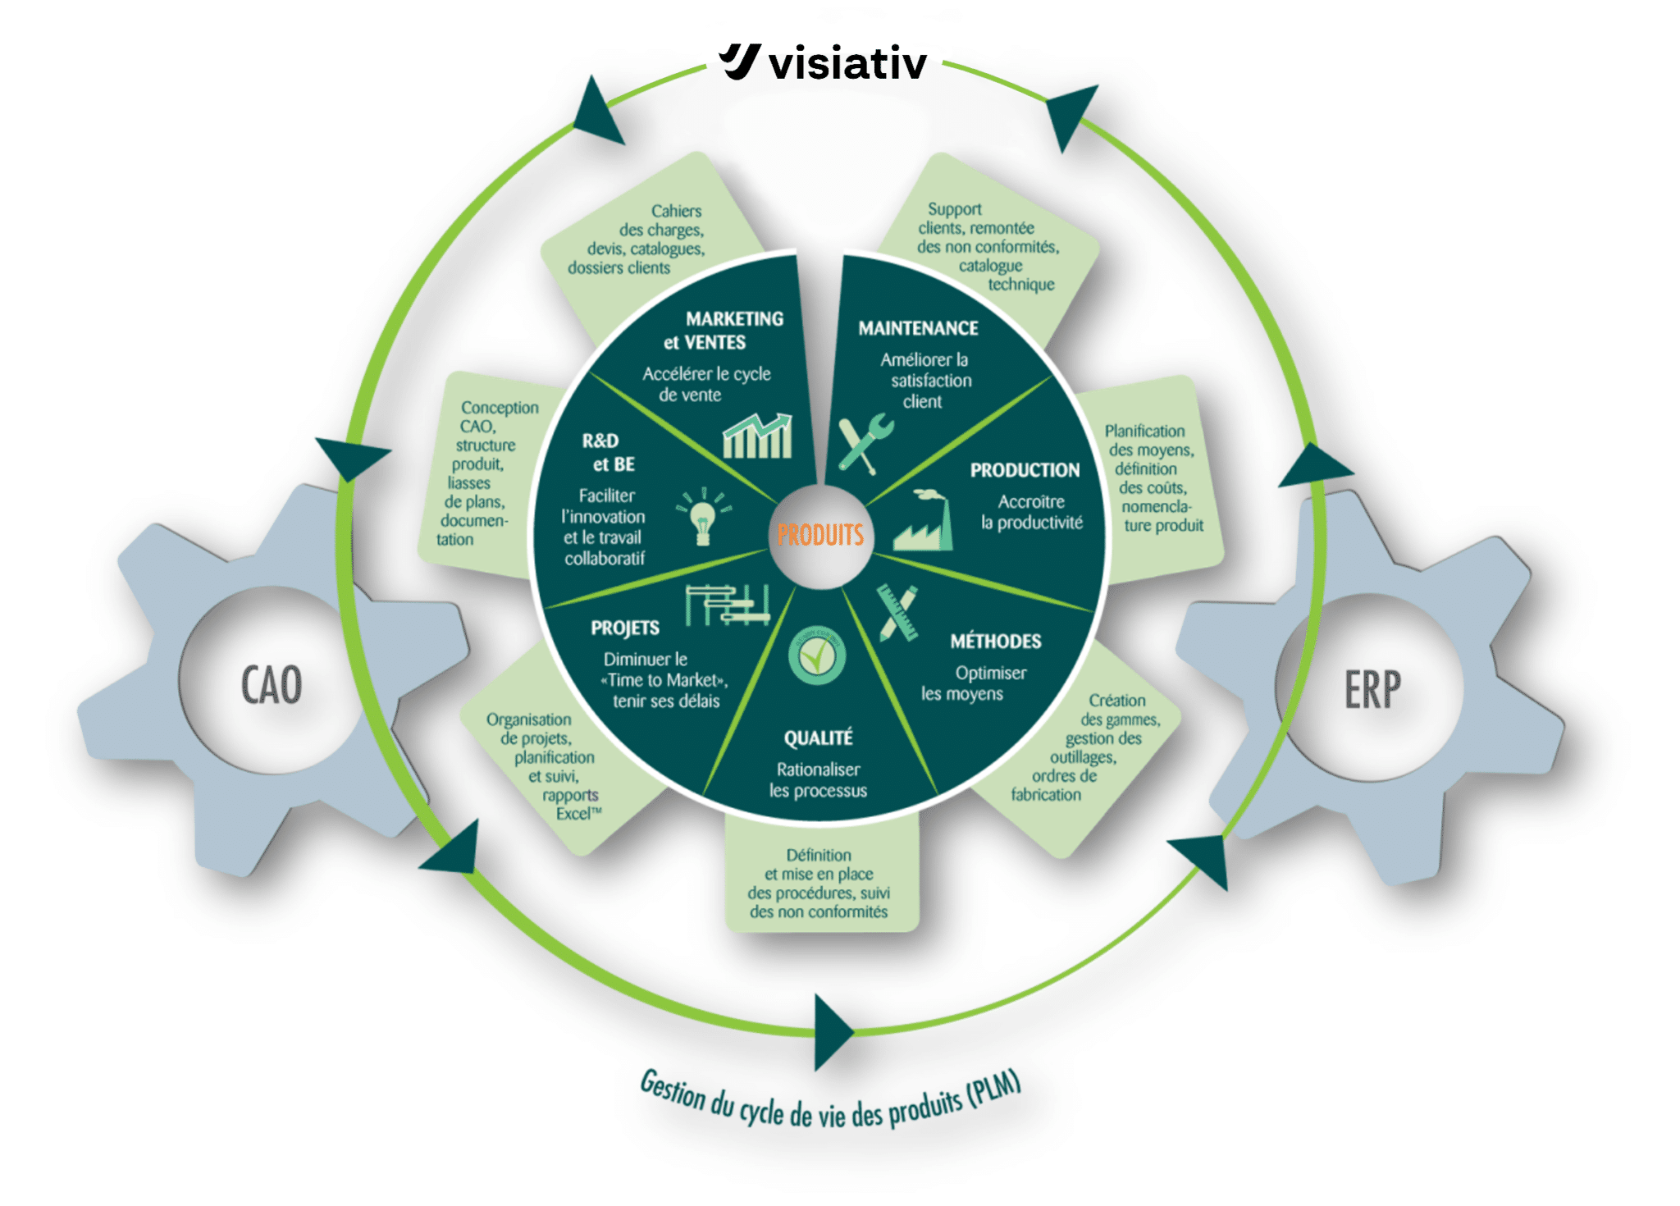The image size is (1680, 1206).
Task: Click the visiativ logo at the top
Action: point(824,62)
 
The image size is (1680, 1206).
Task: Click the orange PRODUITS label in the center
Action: point(820,536)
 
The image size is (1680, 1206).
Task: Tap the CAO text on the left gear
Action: point(272,685)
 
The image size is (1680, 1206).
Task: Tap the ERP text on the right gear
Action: point(1372,689)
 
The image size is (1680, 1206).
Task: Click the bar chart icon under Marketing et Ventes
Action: point(757,436)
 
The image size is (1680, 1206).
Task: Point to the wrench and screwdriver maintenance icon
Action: point(864,443)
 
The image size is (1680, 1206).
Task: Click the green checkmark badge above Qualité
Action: point(816,656)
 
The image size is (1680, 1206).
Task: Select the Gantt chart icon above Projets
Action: point(727,605)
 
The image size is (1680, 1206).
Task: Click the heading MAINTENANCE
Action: point(918,328)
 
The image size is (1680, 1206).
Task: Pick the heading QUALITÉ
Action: point(818,738)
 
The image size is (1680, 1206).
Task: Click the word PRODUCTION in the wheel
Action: point(1025,470)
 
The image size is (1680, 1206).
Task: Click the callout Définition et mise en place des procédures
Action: point(819,884)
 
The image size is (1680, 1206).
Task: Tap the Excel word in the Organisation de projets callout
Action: point(573,814)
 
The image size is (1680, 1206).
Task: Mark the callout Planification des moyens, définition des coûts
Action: point(1153,477)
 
